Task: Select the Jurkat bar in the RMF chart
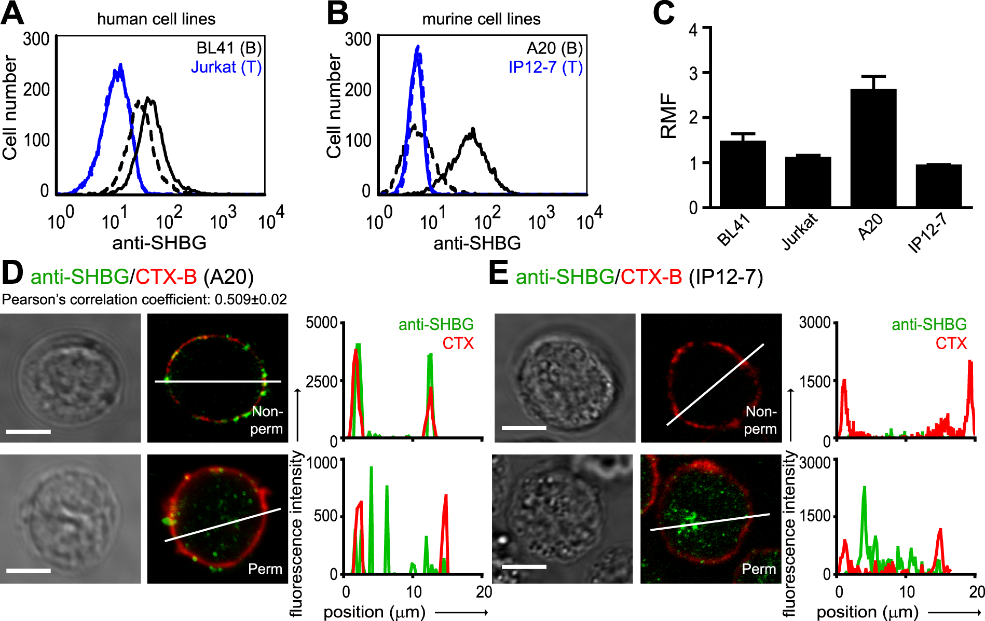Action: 808,182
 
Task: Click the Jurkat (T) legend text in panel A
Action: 226,67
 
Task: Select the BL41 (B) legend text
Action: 229,48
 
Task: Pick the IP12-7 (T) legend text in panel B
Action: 545,67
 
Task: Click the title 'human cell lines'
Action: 156,19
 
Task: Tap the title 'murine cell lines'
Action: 481,19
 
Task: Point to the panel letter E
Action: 498,273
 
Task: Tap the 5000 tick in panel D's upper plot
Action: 322,323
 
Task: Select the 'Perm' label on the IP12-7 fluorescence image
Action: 759,569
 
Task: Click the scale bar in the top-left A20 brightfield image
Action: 29,432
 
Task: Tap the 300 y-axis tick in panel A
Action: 36,39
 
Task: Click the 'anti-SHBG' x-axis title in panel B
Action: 477,243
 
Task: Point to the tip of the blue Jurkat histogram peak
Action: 120,65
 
